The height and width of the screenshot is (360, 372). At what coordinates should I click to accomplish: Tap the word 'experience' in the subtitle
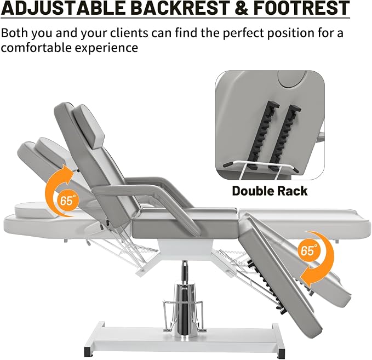(x=106, y=48)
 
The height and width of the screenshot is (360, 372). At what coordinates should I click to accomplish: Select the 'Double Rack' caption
(x=270, y=191)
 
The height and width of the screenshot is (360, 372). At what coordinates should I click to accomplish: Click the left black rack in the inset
(x=260, y=135)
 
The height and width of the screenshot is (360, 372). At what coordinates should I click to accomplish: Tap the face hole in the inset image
(x=292, y=79)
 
